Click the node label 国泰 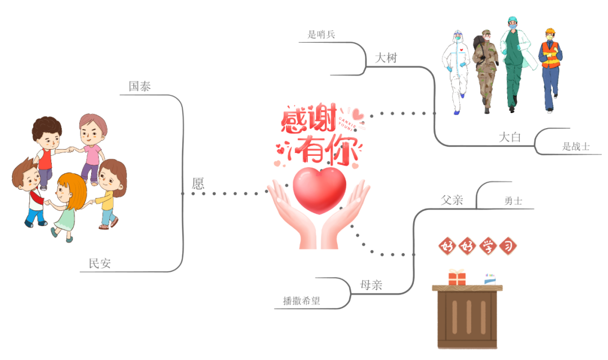140,86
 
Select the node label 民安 100,263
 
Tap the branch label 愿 198,183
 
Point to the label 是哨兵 321,34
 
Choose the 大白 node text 510,137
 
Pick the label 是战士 575,147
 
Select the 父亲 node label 452,200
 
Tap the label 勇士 513,201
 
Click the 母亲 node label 371,285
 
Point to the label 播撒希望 301,301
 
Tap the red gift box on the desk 457,277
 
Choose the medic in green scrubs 513,62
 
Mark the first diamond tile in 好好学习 447,246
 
